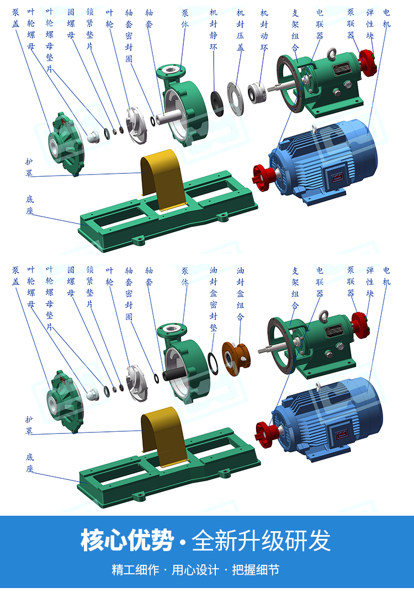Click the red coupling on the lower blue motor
tap(266, 435)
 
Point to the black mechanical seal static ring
tap(217, 103)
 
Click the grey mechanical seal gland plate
tap(235, 98)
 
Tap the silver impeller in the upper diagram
tap(137, 125)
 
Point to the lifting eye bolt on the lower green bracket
tap(323, 316)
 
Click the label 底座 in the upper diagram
tap(30, 205)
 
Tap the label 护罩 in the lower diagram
tap(29, 425)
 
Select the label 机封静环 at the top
tap(214, 30)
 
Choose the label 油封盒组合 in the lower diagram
tap(240, 293)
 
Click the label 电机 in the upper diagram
tap(386, 18)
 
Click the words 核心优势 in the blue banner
tap(127, 540)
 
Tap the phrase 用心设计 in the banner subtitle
tap(195, 570)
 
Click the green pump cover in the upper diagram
tap(66, 143)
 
